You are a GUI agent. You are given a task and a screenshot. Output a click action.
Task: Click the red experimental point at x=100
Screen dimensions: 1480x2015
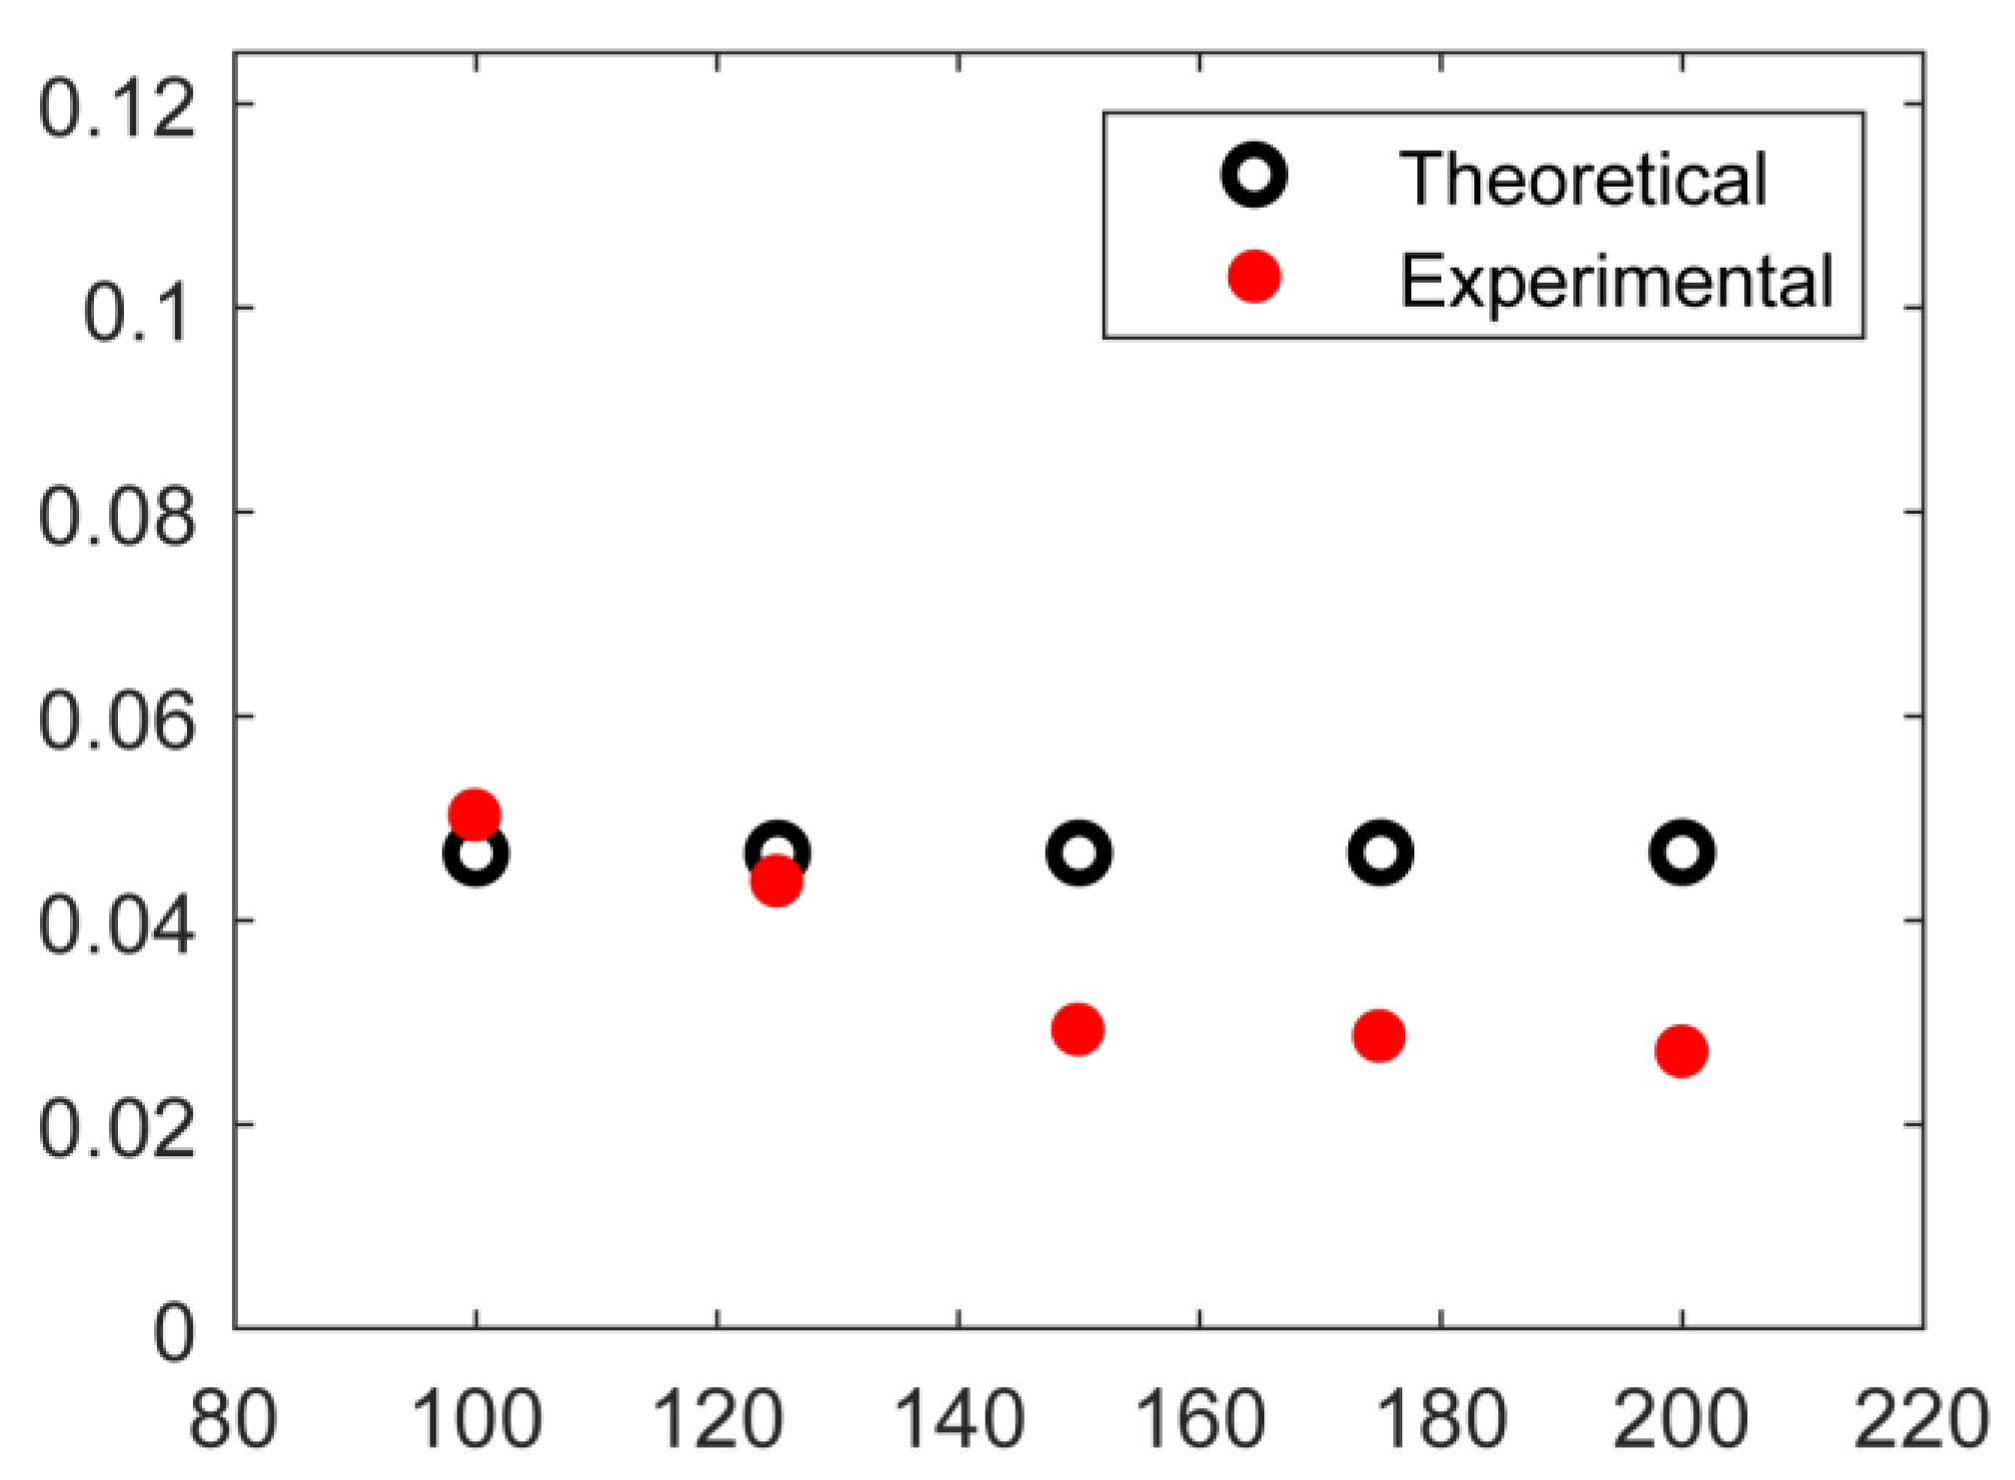(475, 815)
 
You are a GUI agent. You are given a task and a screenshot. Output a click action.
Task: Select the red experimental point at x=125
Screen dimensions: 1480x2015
(777, 881)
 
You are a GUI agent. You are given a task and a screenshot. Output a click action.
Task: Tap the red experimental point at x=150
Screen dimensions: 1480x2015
(1077, 1029)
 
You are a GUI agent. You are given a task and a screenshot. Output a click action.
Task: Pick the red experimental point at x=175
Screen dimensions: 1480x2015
(1379, 1035)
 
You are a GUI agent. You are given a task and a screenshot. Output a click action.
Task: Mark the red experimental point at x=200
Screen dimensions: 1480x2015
(1681, 1051)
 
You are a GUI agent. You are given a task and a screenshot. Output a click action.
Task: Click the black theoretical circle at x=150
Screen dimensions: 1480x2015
(1078, 853)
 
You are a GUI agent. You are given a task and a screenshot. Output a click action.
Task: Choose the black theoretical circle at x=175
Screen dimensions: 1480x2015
(1380, 853)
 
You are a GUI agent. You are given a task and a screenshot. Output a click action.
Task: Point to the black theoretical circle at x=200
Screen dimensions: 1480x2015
(1682, 853)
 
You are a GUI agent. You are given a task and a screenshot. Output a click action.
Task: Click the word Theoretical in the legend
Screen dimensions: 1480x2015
(1583, 180)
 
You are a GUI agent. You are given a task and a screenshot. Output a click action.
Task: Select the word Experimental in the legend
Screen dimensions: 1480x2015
(1616, 281)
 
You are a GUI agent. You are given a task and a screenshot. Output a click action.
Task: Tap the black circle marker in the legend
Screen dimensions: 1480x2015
(1254, 176)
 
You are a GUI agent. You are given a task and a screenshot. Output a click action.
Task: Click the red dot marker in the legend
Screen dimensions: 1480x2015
(1254, 276)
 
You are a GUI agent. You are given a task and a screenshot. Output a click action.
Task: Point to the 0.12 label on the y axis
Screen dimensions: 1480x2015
(117, 109)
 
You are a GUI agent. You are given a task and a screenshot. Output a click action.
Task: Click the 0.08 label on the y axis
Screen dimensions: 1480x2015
(117, 518)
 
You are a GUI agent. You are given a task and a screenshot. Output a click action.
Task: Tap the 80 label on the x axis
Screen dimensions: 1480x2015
(234, 1420)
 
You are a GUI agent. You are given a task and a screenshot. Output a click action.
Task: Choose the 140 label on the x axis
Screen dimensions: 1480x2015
(959, 1420)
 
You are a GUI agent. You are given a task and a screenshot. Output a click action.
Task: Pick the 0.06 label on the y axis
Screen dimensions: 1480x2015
(117, 723)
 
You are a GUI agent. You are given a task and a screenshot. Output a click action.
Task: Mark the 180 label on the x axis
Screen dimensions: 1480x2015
(1441, 1420)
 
